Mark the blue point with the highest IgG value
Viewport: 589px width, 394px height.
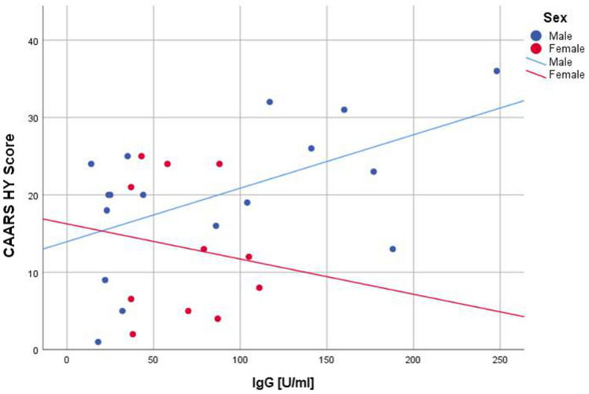(x=496, y=71)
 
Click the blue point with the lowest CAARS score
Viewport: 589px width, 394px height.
(x=98, y=342)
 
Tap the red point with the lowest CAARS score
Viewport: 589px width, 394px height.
(x=133, y=334)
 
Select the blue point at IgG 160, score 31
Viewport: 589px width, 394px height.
(x=344, y=110)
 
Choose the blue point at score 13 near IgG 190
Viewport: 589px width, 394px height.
(x=392, y=249)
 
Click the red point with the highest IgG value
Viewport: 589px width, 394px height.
(x=259, y=288)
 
